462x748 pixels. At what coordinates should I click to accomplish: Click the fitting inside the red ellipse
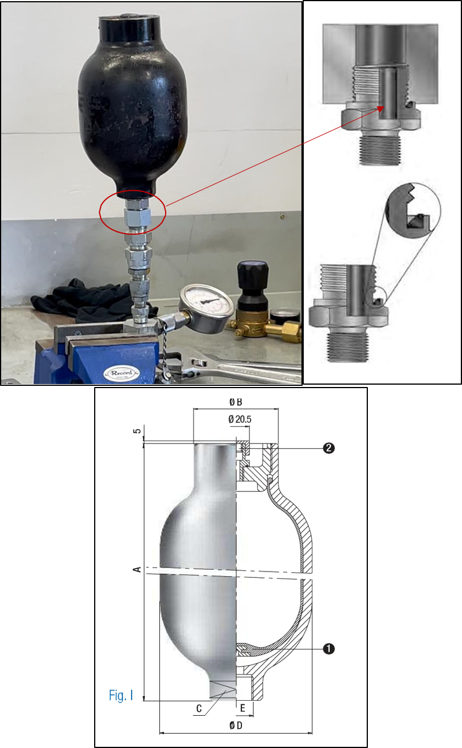pyautogui.click(x=138, y=216)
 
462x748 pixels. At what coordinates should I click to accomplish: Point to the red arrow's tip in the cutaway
pyautogui.click(x=378, y=108)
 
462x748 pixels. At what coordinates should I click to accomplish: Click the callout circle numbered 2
pyautogui.click(x=328, y=448)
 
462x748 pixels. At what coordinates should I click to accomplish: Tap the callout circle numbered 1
pyautogui.click(x=328, y=649)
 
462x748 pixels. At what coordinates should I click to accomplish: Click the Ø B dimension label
pyautogui.click(x=236, y=401)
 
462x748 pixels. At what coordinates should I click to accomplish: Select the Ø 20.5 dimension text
pyautogui.click(x=240, y=419)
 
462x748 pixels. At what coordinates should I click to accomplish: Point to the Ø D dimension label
pyautogui.click(x=235, y=725)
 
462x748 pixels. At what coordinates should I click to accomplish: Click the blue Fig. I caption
pyautogui.click(x=121, y=696)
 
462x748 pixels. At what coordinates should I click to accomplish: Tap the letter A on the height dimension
pyautogui.click(x=137, y=570)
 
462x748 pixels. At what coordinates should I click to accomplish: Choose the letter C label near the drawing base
pyautogui.click(x=199, y=709)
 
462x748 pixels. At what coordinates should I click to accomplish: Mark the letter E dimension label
pyautogui.click(x=243, y=706)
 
